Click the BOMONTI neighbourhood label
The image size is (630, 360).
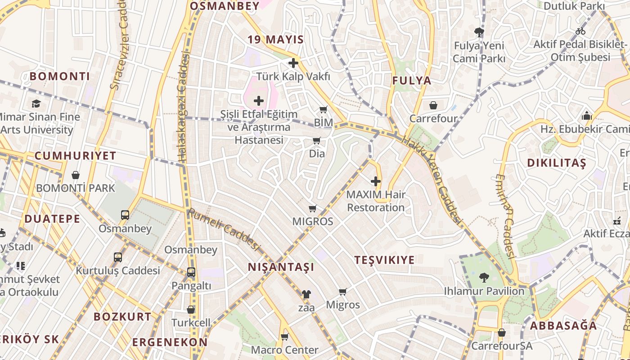[x=60, y=76]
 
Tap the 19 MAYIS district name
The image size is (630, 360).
[x=276, y=40]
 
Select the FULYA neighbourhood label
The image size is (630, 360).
[x=412, y=81]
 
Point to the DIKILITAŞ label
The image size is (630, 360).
[x=557, y=163]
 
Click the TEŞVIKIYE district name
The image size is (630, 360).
[x=384, y=260]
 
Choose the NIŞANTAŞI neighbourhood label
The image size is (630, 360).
[x=281, y=267]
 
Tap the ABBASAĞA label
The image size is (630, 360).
[x=563, y=325]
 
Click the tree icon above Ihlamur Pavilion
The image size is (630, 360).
[x=484, y=277]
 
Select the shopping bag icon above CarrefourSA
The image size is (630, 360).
[x=501, y=333]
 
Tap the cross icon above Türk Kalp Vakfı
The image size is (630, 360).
[x=293, y=63]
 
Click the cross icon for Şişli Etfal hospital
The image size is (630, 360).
[x=259, y=101]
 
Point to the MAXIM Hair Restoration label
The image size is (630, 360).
[x=376, y=201]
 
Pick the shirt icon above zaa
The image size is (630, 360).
[x=306, y=294]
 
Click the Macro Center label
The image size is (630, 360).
[x=285, y=350]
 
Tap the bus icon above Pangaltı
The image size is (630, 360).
[x=191, y=272]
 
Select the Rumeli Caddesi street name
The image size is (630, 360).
[x=224, y=229]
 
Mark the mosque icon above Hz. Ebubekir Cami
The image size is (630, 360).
[x=586, y=116]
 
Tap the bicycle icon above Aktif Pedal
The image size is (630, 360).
[x=580, y=31]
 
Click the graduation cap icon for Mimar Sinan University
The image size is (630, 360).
[x=36, y=103]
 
